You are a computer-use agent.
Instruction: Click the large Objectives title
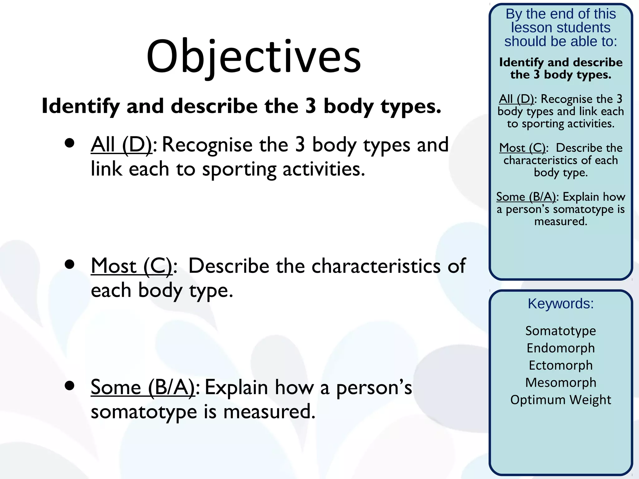coord(253,57)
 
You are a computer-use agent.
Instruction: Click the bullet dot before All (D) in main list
coord(70,143)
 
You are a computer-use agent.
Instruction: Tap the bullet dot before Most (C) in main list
coord(70,264)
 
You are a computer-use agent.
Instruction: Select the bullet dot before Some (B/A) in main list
coord(70,385)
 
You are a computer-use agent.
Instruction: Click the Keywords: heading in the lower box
coord(561,303)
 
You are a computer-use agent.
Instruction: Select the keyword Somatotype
coord(561,331)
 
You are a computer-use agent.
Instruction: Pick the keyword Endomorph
coord(561,348)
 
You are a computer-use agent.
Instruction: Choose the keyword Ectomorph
coord(561,365)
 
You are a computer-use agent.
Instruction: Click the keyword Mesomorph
coord(561,382)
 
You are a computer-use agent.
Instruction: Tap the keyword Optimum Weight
coord(561,400)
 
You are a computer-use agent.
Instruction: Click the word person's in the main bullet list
coord(374,388)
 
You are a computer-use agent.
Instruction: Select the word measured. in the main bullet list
coord(269,412)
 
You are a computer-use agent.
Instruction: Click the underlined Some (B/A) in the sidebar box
coord(526,197)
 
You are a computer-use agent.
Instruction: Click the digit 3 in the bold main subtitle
coord(310,106)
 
